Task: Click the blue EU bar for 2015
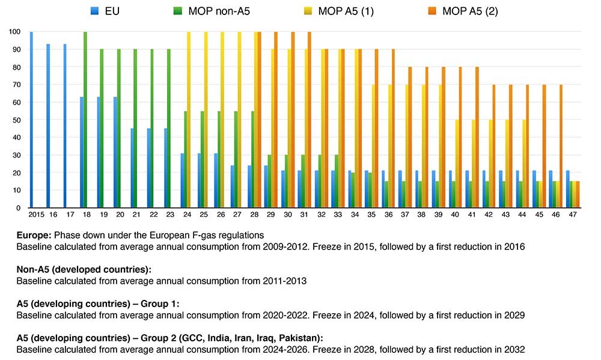click(31, 120)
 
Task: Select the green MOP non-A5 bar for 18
click(85, 120)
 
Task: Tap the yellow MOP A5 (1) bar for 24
click(189, 120)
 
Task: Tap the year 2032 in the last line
click(514, 349)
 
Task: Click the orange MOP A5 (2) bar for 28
click(258, 120)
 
